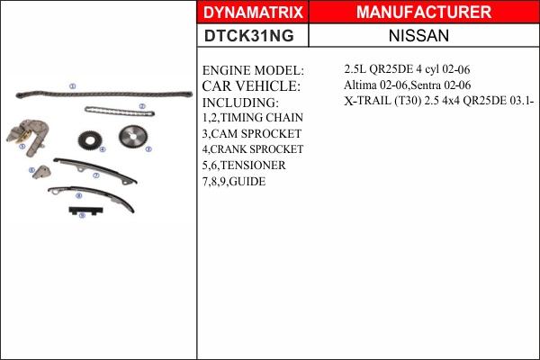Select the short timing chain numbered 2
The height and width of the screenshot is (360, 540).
click(119, 112)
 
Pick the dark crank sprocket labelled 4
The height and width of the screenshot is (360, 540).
click(88, 141)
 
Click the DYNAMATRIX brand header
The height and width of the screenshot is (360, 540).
click(253, 13)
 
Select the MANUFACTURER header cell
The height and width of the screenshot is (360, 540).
click(423, 13)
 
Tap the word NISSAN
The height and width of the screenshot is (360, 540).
click(423, 36)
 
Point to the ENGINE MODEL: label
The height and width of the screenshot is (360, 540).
click(254, 70)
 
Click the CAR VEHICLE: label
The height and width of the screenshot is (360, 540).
click(250, 86)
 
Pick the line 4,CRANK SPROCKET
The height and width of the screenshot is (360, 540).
click(253, 149)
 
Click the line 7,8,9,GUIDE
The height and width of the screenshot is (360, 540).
click(234, 181)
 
